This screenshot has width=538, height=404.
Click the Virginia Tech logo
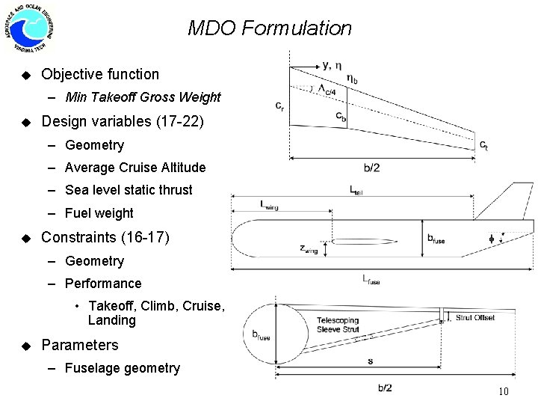click(29, 29)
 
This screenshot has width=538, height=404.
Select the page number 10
click(503, 392)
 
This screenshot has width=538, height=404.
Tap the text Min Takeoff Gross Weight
click(143, 97)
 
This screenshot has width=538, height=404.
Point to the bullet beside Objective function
click(25, 74)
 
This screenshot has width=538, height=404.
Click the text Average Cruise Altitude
click(135, 168)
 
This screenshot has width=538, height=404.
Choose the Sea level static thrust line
click(129, 190)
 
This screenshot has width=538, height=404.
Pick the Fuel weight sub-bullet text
click(99, 213)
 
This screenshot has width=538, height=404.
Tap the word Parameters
click(80, 345)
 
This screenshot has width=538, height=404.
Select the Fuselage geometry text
click(123, 368)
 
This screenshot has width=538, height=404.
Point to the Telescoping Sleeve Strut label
click(338, 323)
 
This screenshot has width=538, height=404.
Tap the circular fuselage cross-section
click(277, 336)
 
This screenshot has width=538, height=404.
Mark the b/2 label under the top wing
click(371, 168)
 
